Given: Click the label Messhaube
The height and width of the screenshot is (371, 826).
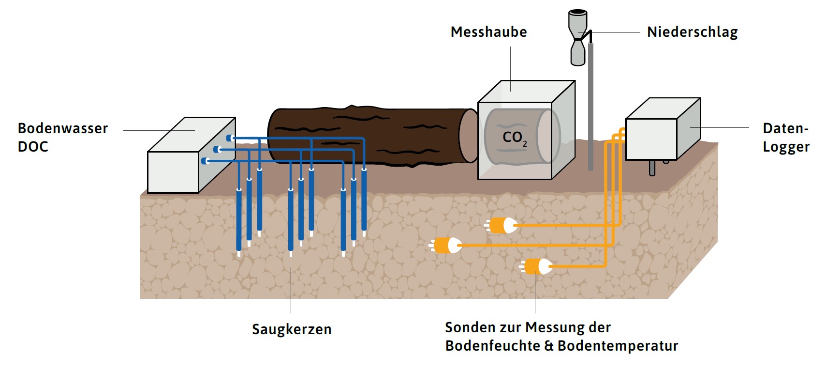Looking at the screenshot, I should click(488, 32).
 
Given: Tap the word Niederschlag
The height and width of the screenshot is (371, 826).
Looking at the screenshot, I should click(692, 32).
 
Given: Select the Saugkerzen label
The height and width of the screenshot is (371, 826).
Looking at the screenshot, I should click(292, 329).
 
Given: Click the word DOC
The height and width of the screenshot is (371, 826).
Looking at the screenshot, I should click(33, 147).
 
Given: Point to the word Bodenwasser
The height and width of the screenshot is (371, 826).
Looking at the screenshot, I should click(63, 128).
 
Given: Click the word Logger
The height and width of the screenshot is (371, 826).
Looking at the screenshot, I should click(786, 147).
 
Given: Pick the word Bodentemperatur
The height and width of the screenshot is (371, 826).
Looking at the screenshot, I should click(618, 346).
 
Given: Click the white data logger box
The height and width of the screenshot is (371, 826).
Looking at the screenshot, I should click(651, 139).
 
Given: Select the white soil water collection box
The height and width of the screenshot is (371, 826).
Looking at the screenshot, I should click(173, 171).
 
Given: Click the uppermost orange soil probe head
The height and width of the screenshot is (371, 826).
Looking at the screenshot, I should click(503, 225).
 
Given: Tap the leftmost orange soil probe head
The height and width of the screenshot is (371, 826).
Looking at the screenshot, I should click(446, 246).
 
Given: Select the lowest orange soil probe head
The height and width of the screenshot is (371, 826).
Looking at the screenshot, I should click(537, 266).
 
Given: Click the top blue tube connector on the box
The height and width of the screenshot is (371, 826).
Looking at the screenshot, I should click(230, 138).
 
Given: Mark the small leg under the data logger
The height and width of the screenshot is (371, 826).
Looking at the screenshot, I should click(652, 168).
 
